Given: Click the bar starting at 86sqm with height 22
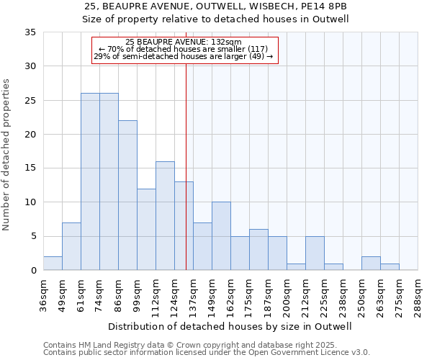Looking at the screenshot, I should [x=127, y=195].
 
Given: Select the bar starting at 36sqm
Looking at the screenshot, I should [x=53, y=264].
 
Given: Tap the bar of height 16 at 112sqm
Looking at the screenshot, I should [x=165, y=216].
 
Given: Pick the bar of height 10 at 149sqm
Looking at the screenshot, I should [x=221, y=236].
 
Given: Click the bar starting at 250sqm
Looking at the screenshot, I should [x=371, y=264].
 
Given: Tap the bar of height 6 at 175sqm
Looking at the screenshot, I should [x=258, y=250].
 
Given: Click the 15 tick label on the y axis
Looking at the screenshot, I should [x=30, y=168].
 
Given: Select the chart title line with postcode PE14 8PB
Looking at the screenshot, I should [x=215, y=6].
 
